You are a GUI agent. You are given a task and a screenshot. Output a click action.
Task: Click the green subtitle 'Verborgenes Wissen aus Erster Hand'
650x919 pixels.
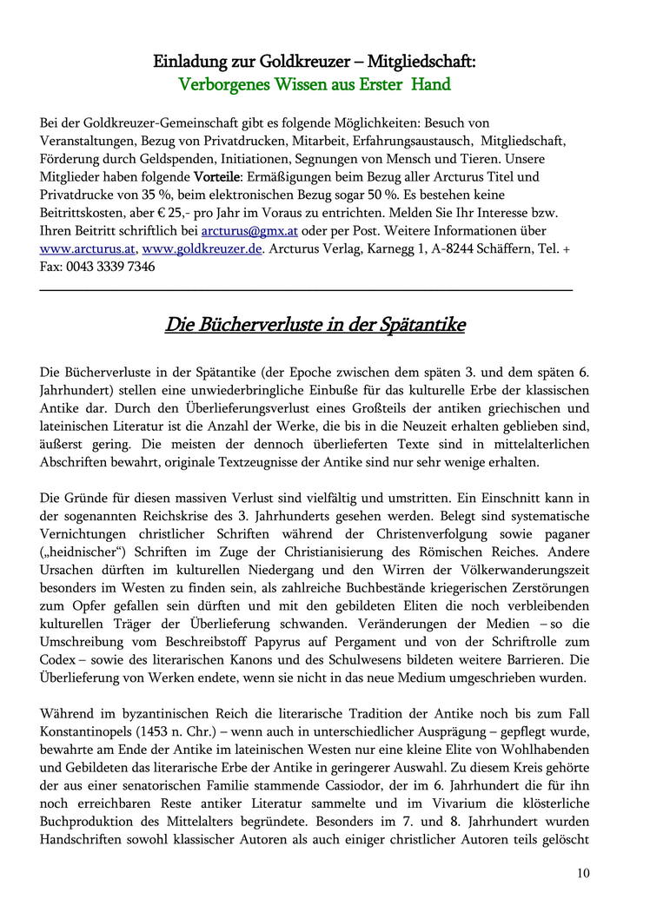(x=314, y=85)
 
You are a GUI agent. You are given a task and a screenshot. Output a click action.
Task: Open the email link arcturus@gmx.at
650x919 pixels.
(x=250, y=231)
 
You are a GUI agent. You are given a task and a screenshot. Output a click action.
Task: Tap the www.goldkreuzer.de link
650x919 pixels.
(x=202, y=248)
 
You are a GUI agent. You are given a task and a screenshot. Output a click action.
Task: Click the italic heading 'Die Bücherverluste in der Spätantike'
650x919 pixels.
(x=315, y=326)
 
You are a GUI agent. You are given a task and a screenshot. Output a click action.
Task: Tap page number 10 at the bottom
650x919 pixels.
(x=581, y=873)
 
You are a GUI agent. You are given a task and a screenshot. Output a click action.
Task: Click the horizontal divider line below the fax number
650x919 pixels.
(x=306, y=289)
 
